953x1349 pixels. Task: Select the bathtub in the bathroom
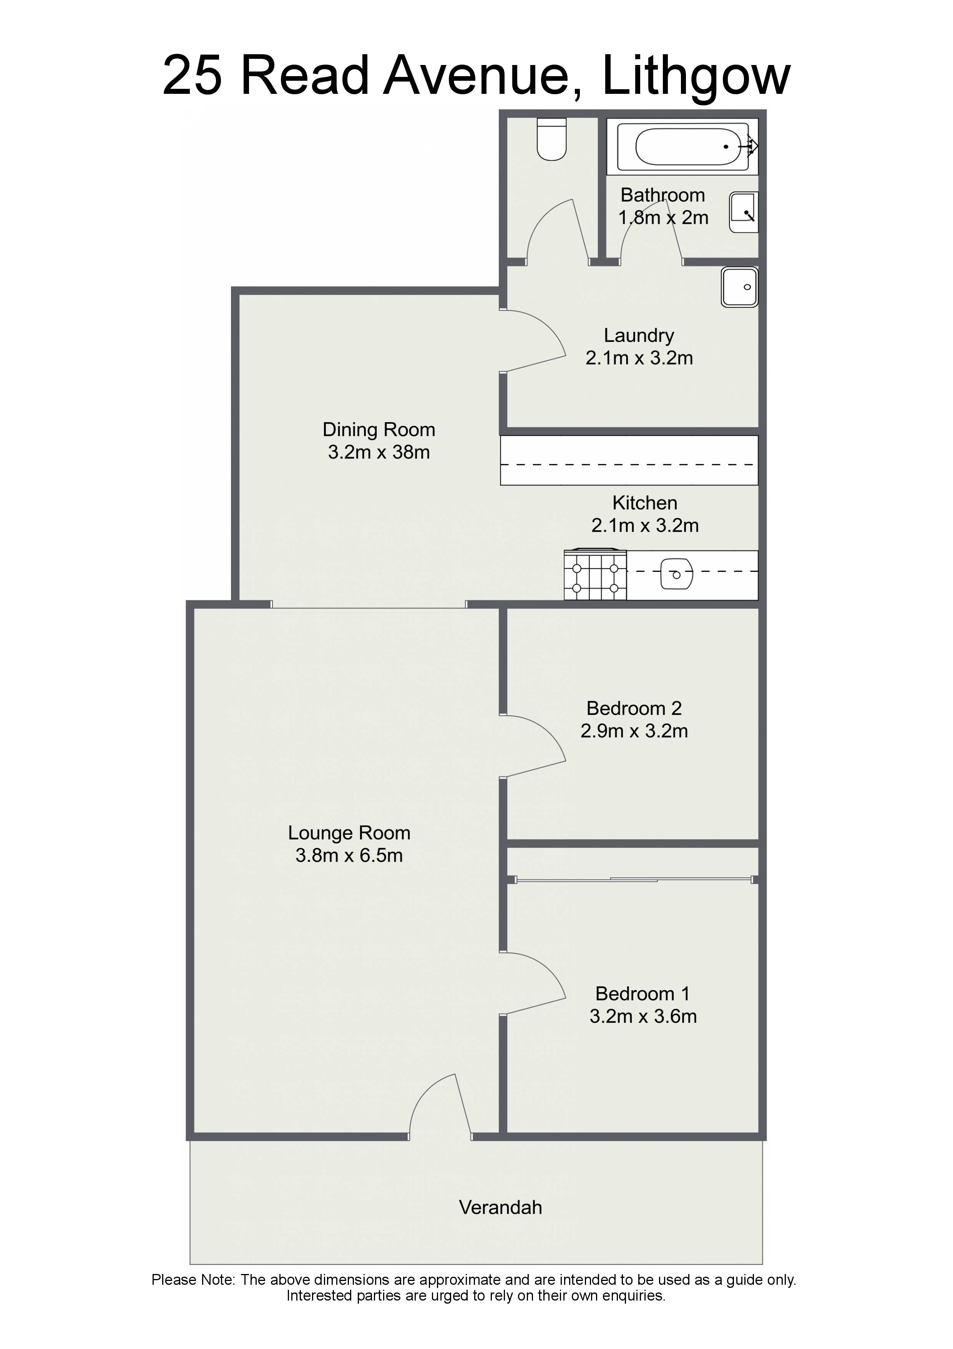tap(682, 146)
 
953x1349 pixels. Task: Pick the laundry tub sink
tap(740, 287)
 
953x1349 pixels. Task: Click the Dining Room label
tap(379, 430)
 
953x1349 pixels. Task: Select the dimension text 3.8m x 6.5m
tap(349, 856)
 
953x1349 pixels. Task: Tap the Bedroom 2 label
tap(634, 709)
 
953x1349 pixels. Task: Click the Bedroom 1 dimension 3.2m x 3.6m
tap(643, 1016)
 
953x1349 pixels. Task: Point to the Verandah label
tap(500, 1207)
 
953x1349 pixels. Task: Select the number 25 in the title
tap(193, 75)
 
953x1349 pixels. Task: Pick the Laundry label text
tap(639, 335)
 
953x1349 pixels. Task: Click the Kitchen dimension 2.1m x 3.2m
tap(645, 525)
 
